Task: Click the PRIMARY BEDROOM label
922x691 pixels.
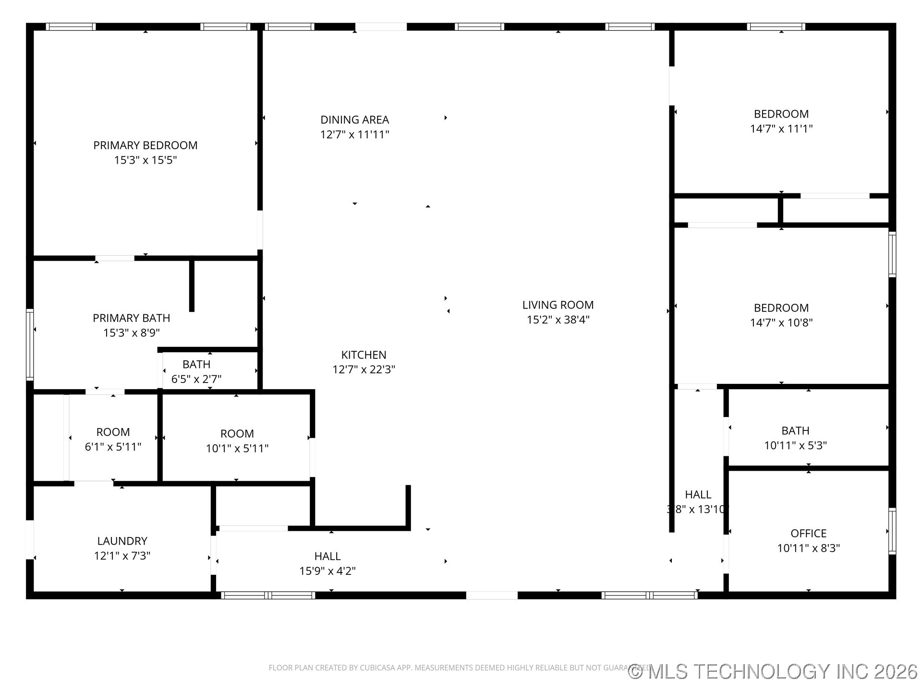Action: click(145, 145)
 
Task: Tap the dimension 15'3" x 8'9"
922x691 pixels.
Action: click(131, 333)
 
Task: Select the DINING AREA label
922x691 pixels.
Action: click(354, 120)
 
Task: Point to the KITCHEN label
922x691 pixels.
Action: click(364, 355)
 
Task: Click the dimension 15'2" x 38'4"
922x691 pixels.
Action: click(558, 320)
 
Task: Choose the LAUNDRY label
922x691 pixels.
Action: click(122, 541)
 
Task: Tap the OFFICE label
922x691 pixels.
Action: click(808, 534)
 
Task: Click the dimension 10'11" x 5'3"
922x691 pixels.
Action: click(795, 445)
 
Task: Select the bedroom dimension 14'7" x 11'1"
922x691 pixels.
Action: click(781, 129)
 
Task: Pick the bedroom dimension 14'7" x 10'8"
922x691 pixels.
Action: click(781, 322)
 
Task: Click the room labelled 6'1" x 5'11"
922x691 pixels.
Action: click(113, 432)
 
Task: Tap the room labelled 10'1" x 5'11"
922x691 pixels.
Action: click(237, 434)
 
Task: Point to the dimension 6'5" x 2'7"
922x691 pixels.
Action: click(196, 379)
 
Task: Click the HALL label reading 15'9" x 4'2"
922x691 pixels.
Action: click(328, 557)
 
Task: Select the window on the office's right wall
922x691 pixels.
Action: click(892, 531)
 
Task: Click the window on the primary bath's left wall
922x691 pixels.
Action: click(30, 345)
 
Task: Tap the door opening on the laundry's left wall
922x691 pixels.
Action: click(30, 540)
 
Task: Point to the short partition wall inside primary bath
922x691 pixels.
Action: click(192, 286)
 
